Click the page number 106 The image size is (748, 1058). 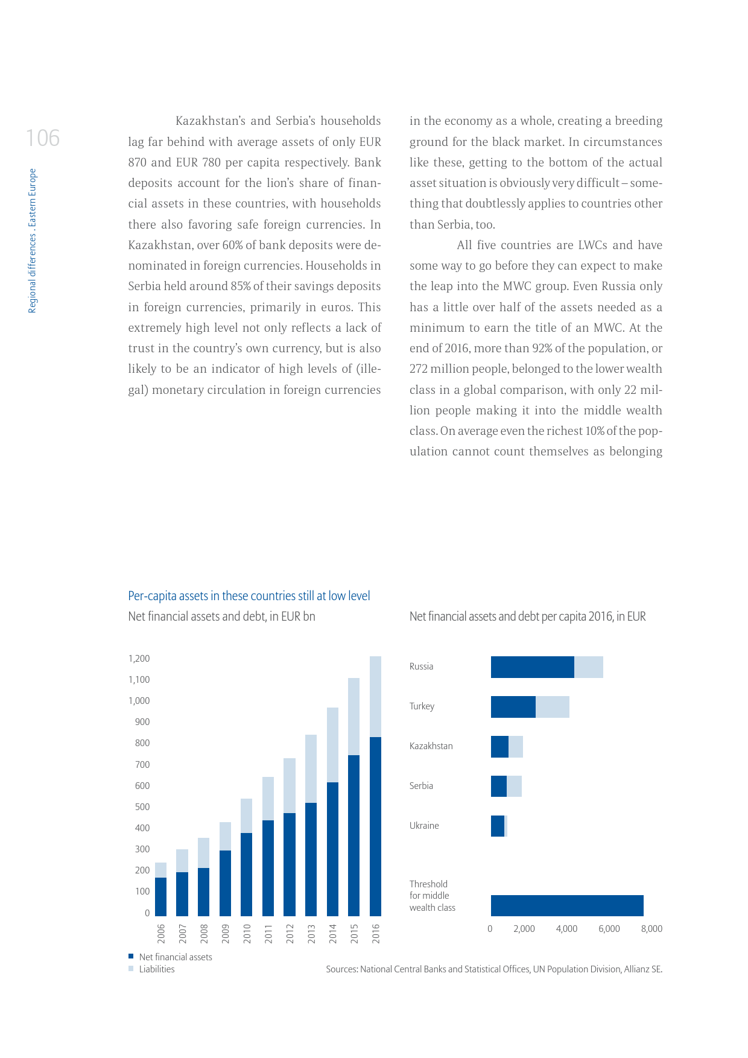[x=43, y=138]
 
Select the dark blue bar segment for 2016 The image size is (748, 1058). [x=375, y=826]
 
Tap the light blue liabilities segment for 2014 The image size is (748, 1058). [x=332, y=744]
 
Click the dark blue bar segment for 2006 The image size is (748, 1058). [x=160, y=896]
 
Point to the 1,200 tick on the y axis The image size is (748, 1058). [x=139, y=658]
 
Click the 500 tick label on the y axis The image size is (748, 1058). [x=142, y=806]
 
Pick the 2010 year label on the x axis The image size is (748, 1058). [x=247, y=933]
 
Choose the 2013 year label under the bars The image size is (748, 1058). [x=311, y=933]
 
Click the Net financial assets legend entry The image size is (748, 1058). [x=175, y=957]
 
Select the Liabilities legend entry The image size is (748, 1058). [x=156, y=969]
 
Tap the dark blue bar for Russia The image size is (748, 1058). [x=532, y=667]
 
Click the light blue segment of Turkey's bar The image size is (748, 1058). [x=552, y=707]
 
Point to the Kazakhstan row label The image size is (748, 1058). [x=431, y=746]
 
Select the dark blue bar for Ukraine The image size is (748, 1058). [x=497, y=826]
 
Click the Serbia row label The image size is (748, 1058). [x=421, y=786]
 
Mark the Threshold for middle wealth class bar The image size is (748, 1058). [x=566, y=905]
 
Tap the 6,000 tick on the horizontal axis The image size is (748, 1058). [x=609, y=929]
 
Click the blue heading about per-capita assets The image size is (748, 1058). [x=249, y=596]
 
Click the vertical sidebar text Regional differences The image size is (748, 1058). [x=33, y=241]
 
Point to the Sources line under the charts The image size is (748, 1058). [x=493, y=969]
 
